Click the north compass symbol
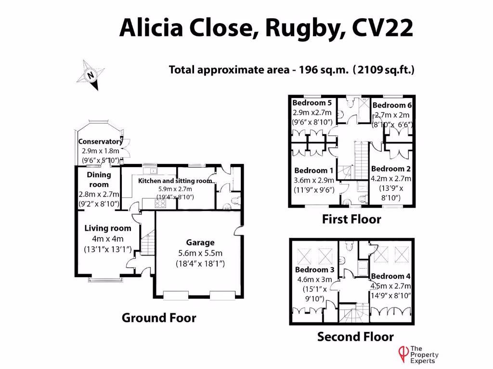point(90,75)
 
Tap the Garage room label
point(200,243)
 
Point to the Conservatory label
point(100,142)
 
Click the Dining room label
point(99,180)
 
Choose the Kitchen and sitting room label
point(175,181)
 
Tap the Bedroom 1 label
point(313,171)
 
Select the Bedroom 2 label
point(391,169)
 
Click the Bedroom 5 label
point(312,103)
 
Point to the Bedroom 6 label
point(392,105)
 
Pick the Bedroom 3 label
point(314,270)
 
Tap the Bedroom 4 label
point(391,276)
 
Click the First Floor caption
point(351,220)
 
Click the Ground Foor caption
point(159,318)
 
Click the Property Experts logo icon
point(401,354)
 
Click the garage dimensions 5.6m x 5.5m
point(200,253)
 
